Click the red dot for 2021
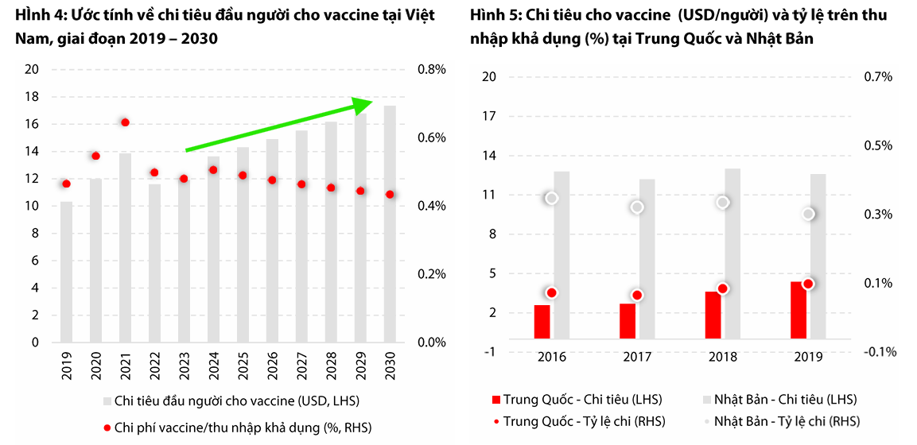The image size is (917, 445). pos(125,122)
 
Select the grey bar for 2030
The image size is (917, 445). pos(390,224)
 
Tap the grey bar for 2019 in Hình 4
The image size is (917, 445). pos(67,272)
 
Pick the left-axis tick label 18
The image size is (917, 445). pos(33,97)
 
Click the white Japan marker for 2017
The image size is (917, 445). pos(637,207)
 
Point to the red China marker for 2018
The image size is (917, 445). pos(722,289)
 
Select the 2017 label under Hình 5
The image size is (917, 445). pos(636,357)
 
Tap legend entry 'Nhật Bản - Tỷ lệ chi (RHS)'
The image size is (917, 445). pos(787,421)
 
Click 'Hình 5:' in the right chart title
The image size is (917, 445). pos(492,16)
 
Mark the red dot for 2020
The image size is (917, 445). pos(95,157)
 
